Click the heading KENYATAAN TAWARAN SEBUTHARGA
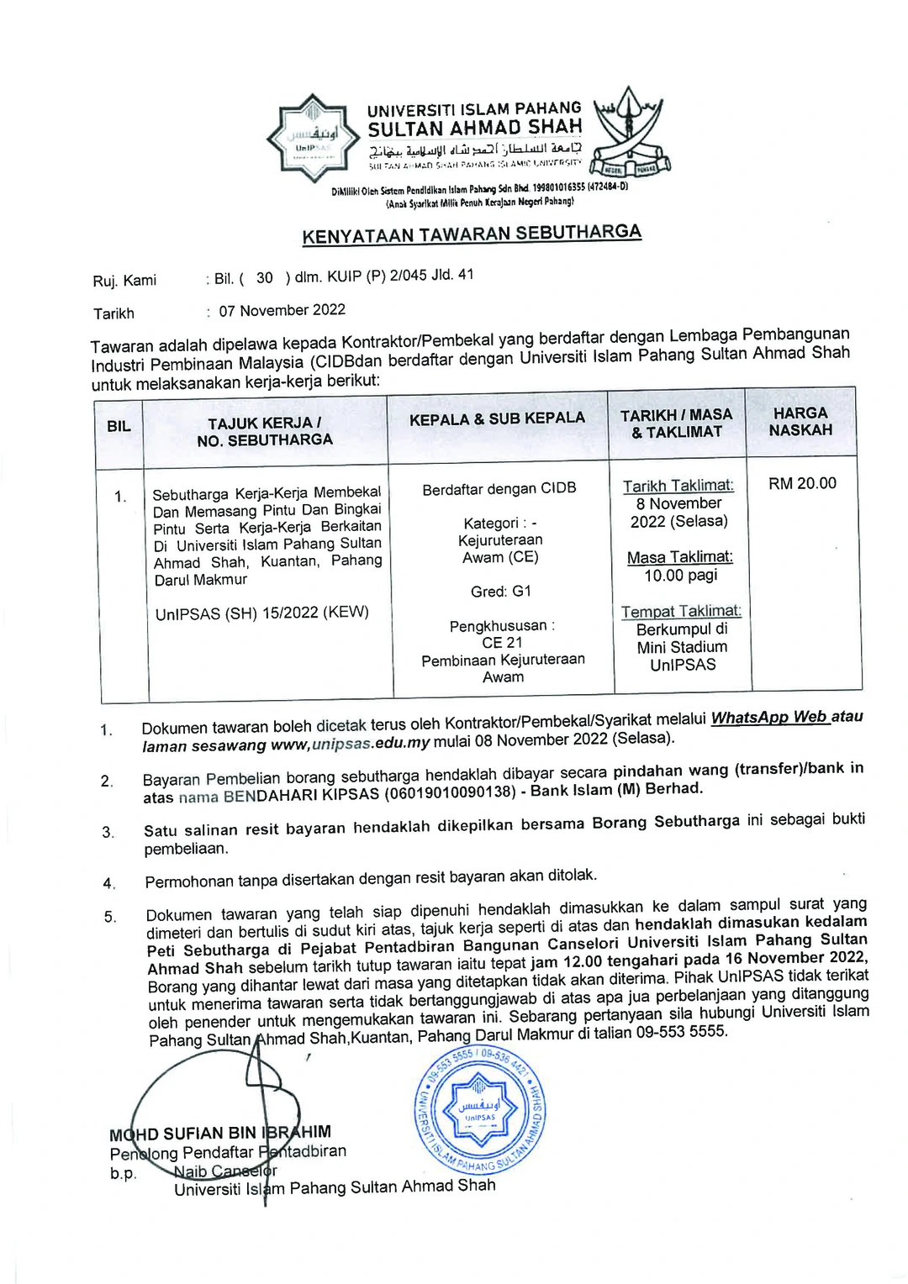(472, 234)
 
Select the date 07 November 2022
(282, 310)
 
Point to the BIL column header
(119, 426)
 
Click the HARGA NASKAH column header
(800, 421)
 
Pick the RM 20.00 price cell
(802, 483)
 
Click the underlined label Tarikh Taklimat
(678, 486)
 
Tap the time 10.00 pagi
(680, 576)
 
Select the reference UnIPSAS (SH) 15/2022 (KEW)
(262, 613)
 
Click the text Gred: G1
(501, 592)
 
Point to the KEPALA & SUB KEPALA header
(497, 418)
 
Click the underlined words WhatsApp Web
(769, 718)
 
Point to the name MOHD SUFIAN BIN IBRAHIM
(220, 1134)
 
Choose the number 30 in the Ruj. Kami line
(265, 277)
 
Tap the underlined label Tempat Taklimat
(681, 612)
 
